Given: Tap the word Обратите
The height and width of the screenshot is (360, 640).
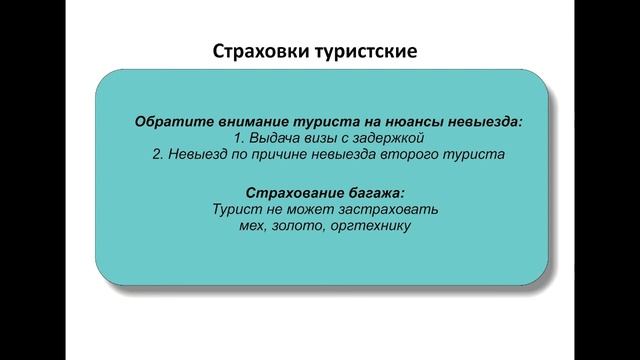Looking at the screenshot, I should coord(170,121).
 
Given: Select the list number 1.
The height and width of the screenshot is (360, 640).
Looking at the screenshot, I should coord(236,138).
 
